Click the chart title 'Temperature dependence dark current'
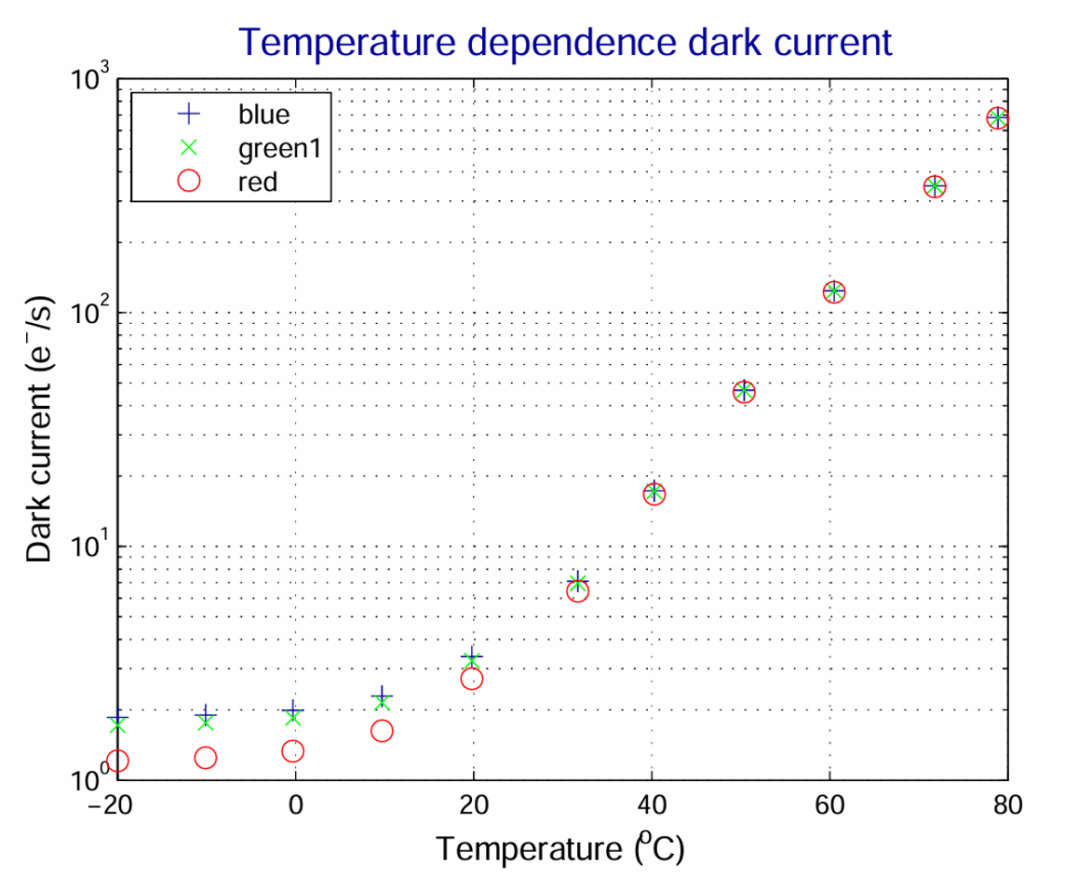pos(566,42)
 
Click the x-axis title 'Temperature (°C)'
pos(561,848)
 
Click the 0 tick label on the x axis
pos(296,807)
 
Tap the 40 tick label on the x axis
pos(652,807)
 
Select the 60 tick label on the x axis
pos(829,807)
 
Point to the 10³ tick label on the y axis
pos(89,78)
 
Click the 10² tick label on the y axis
pos(89,313)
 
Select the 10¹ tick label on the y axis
pos(89,546)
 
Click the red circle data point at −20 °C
pos(117,762)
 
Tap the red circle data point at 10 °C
pos(382,731)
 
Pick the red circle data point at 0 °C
pos(293,751)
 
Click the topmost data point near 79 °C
pos(998,118)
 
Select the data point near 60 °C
pos(834,291)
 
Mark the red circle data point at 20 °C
pos(472,679)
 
